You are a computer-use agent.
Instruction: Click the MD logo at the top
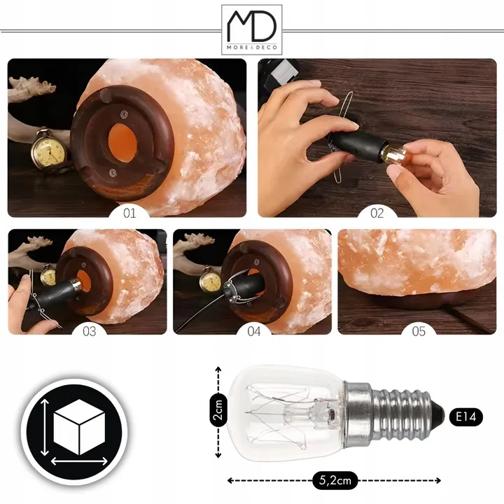pos(252,29)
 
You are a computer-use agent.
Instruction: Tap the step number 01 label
pos(129,213)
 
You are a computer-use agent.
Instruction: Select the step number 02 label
pos(377,213)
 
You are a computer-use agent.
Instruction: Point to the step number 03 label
pos(90,331)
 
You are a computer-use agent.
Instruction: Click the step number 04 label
pos(254,331)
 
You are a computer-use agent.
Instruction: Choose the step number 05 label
pos(419,331)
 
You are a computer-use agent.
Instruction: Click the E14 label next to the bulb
pos(465,417)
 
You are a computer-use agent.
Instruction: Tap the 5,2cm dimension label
pos(335,480)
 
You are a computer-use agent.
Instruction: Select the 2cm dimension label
pos(218,409)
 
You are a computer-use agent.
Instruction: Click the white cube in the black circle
pos(79,427)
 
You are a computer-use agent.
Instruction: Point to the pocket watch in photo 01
pos(49,150)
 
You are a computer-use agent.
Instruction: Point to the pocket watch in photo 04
pos(210,280)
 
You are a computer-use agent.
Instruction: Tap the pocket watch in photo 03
pos(48,276)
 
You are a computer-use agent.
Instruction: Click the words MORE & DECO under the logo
pos(252,48)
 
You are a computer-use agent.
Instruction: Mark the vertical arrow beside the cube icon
pos(45,428)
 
